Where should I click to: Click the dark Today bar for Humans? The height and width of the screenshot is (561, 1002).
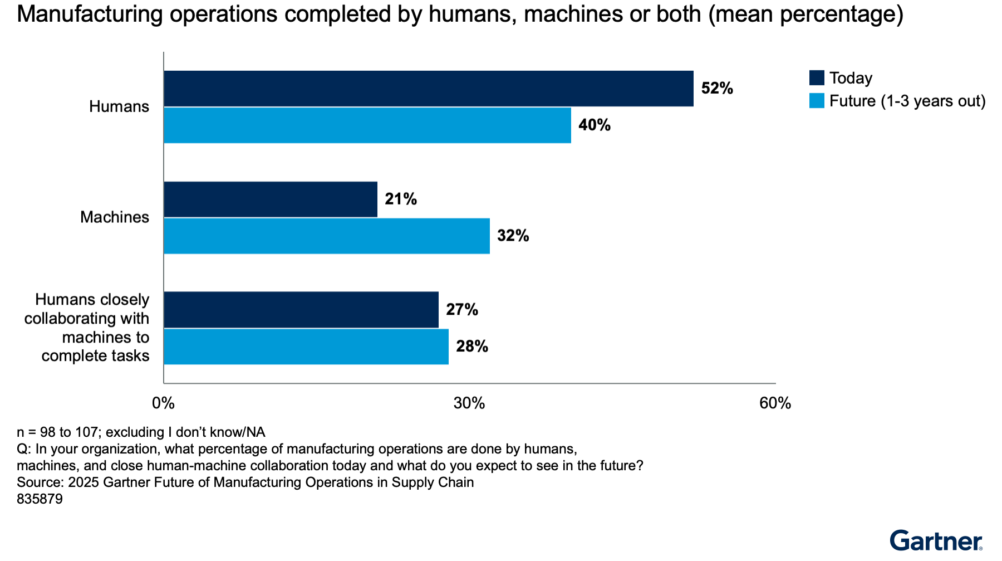pyautogui.click(x=429, y=88)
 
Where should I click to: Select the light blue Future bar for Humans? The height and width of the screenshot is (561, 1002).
pyautogui.click(x=367, y=125)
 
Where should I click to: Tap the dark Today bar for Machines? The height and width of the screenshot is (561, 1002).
pyautogui.click(x=271, y=199)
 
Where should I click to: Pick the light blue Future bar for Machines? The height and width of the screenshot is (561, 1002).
pyautogui.click(x=327, y=236)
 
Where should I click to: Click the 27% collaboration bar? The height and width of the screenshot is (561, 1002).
pyautogui.click(x=301, y=309)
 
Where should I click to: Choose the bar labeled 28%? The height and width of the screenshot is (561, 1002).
pyautogui.click(x=306, y=346)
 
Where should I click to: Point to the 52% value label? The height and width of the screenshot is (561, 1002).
pyautogui.click(x=717, y=88)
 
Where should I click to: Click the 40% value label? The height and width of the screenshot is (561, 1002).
pyautogui.click(x=595, y=125)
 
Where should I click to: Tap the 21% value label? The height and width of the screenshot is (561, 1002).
pyautogui.click(x=401, y=199)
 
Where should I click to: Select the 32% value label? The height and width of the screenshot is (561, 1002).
pyautogui.click(x=513, y=236)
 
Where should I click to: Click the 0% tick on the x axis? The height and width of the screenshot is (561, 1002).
pyautogui.click(x=164, y=403)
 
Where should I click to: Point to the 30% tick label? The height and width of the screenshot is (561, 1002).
pyautogui.click(x=469, y=403)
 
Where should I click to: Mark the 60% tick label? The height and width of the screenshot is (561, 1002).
pyautogui.click(x=775, y=403)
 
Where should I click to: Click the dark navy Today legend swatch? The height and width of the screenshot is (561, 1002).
pyautogui.click(x=817, y=77)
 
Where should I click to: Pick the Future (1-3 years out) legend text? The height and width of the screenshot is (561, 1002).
pyautogui.click(x=907, y=101)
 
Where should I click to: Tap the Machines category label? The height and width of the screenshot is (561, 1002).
pyautogui.click(x=115, y=217)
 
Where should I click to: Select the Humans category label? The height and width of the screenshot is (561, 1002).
pyautogui.click(x=119, y=106)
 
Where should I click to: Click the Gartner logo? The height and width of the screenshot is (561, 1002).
pyautogui.click(x=936, y=540)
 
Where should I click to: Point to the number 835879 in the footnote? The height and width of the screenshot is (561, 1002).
pyautogui.click(x=40, y=499)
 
